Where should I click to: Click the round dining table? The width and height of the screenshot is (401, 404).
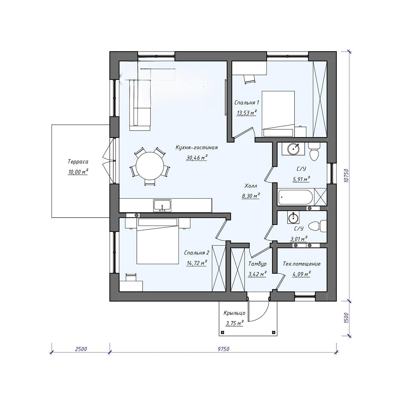pyautogui.click(x=150, y=166)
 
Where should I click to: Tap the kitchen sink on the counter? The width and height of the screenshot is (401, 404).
pyautogui.click(x=162, y=206)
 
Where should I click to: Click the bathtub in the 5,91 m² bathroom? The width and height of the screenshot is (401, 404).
pyautogui.click(x=295, y=198)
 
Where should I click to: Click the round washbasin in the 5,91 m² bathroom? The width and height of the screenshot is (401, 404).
pyautogui.click(x=293, y=149)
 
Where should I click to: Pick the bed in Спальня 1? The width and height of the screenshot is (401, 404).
pyautogui.click(x=278, y=114)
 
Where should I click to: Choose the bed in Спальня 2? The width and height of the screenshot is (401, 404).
pyautogui.click(x=158, y=241)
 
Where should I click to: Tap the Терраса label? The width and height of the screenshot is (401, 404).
pyautogui.click(x=78, y=162)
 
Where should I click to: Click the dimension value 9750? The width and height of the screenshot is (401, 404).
pyautogui.click(x=223, y=349)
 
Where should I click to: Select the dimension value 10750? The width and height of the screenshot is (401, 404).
pyautogui.click(x=347, y=176)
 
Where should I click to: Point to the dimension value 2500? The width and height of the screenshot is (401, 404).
pyautogui.click(x=81, y=349)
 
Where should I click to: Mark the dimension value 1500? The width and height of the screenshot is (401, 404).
pyautogui.click(x=347, y=318)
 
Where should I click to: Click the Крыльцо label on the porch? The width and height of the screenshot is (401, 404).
pyautogui.click(x=234, y=313)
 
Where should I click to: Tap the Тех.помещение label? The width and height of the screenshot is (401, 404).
pyautogui.click(x=301, y=264)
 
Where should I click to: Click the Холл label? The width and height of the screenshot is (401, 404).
pyautogui.click(x=251, y=186)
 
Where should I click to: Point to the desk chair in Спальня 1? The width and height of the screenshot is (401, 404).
pyautogui.click(x=249, y=79)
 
